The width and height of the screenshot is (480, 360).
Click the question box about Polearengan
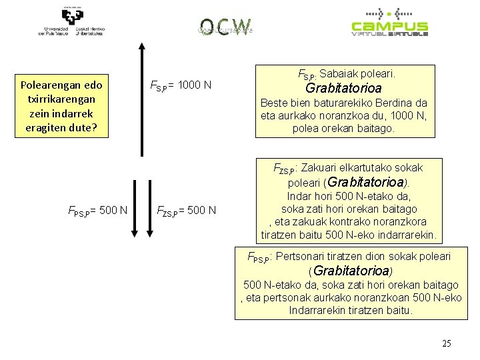click(62, 106)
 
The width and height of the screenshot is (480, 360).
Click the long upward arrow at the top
click(141, 99)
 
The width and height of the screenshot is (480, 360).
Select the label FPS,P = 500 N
click(98, 211)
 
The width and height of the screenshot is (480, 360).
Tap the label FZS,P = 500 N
click(186, 211)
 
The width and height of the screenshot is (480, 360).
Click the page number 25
click(447, 343)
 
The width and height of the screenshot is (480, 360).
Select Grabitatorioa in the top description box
click(343, 88)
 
